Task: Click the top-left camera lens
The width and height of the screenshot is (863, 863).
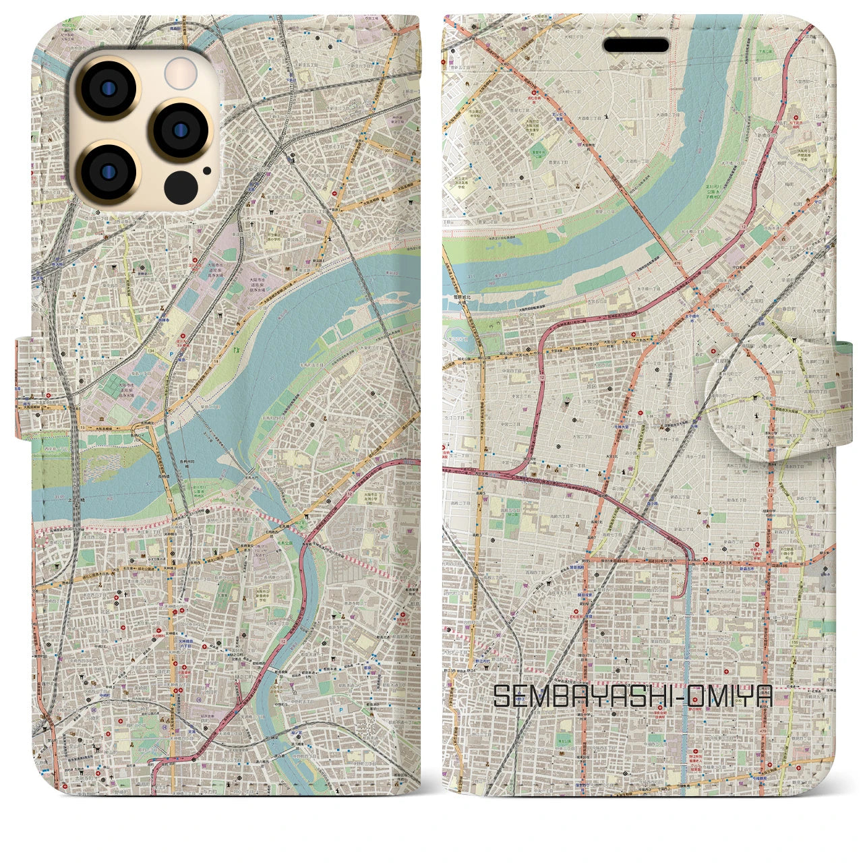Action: tap(107, 88)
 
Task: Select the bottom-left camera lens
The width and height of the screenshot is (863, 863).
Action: tap(107, 171)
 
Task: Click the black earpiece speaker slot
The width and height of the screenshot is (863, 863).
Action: tap(636, 45)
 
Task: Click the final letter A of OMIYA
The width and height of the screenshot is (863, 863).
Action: tap(763, 696)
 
